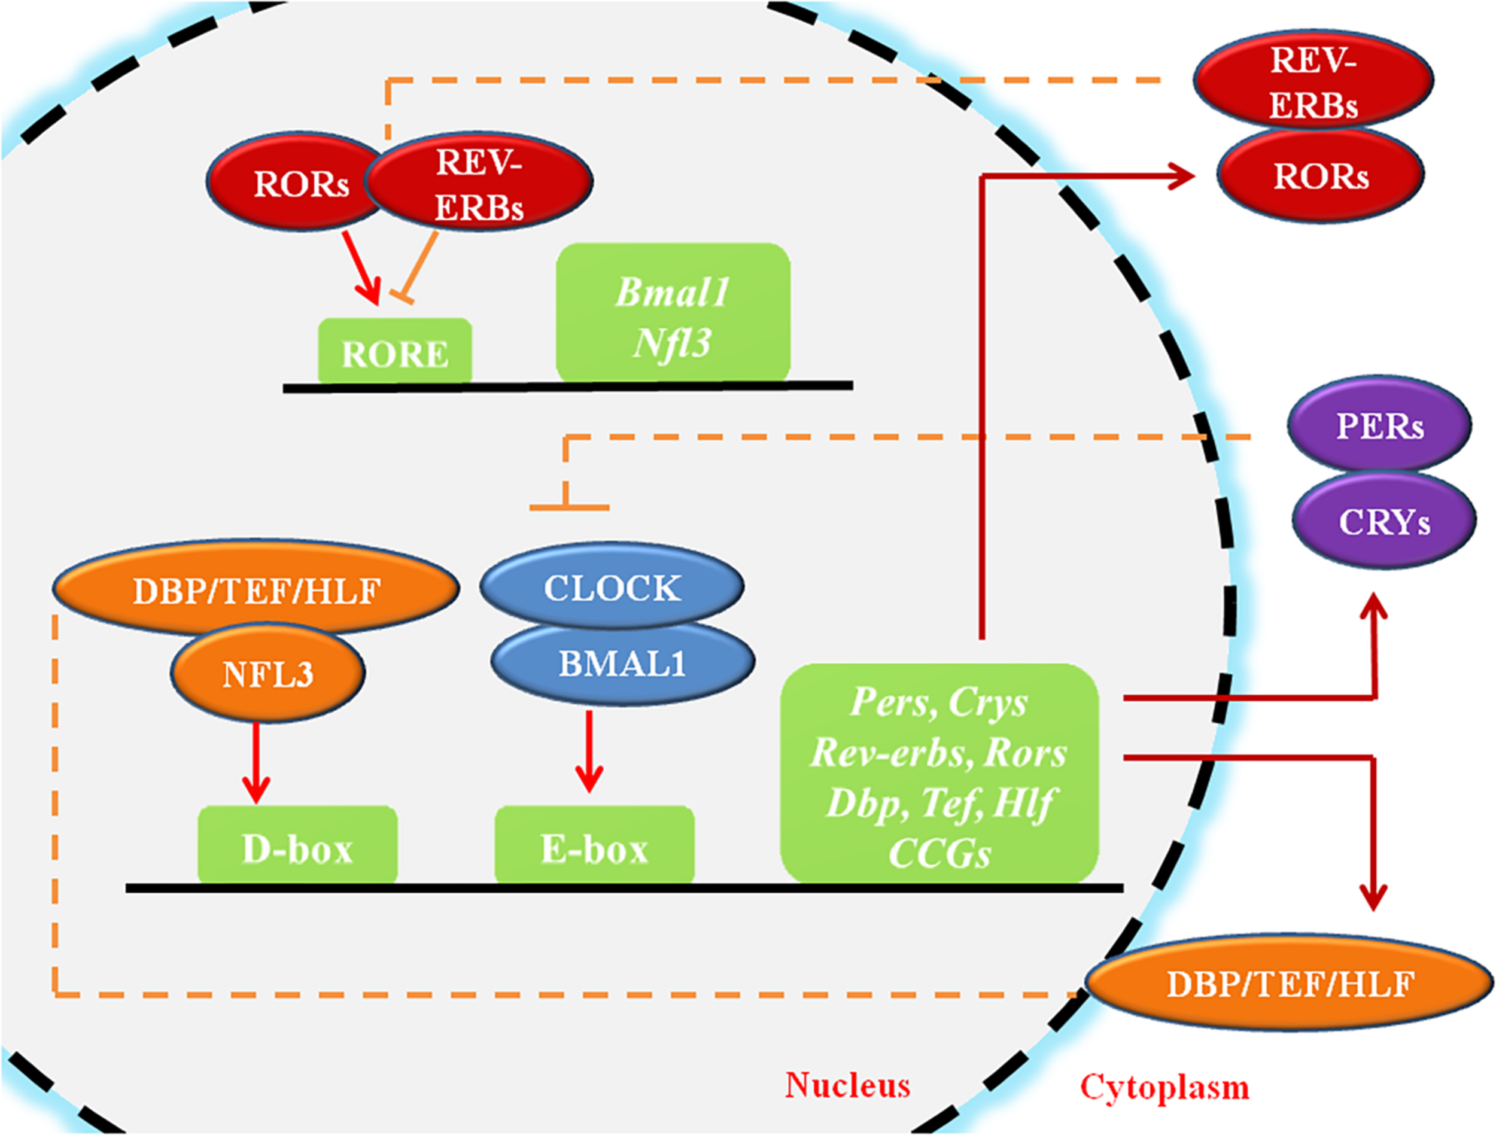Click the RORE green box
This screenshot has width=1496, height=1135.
[395, 352]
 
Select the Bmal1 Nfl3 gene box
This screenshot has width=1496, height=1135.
[673, 313]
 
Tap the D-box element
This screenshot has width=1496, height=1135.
[297, 845]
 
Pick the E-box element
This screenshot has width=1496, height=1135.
[594, 845]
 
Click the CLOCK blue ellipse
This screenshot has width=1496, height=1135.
[612, 586]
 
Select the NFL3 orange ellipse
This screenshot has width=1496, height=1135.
[268, 674]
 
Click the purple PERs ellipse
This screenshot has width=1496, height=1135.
[1380, 425]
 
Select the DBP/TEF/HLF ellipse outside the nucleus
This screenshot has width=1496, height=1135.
[1290, 984]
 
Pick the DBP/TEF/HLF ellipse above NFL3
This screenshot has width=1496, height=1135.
[256, 589]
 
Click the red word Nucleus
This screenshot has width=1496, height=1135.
[847, 1085]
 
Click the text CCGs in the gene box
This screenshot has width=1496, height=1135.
[939, 854]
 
